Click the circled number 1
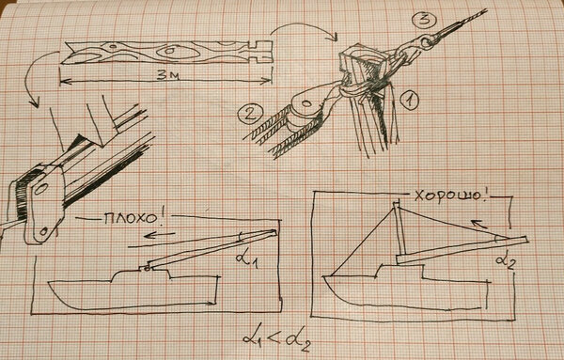pyautogui.click(x=408, y=100)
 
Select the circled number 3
pyautogui.click(x=424, y=20)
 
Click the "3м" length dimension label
pyautogui.click(x=166, y=74)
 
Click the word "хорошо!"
pyautogui.click(x=450, y=196)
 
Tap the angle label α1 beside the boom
pyautogui.click(x=247, y=258)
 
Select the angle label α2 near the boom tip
pyautogui.click(x=506, y=262)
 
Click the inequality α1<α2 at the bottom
pyautogui.click(x=276, y=339)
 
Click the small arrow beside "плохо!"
pyautogui.click(x=159, y=235)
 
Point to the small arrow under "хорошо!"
pyautogui.click(x=480, y=224)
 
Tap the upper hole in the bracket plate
pyautogui.click(x=40, y=188)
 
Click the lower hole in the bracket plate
pyautogui.click(x=44, y=231)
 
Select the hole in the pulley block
pyautogui.click(x=306, y=104)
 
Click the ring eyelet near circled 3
pyautogui.click(x=428, y=41)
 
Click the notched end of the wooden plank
pyautogui.click(x=259, y=52)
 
